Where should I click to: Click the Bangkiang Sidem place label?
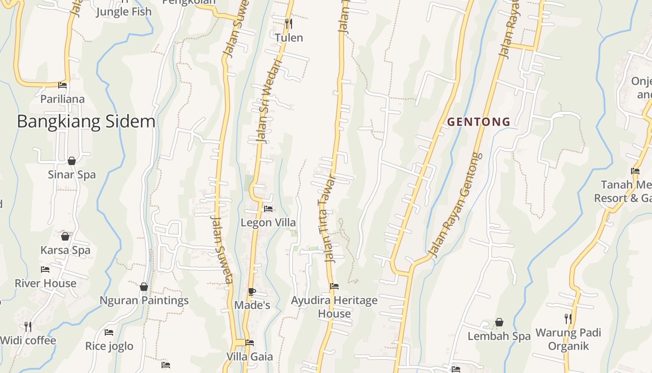coord(86,121)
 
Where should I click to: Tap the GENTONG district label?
coord(479,122)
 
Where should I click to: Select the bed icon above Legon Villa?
coord(268,209)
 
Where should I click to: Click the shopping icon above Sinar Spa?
coord(72,161)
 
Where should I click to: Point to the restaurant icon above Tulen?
coord(289,23)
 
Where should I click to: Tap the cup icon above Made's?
coord(251,292)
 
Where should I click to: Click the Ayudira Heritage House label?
coord(334,307)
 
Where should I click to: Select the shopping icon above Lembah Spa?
coord(499,322)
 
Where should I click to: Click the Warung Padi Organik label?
coord(568,339)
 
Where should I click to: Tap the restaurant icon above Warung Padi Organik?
coord(568,319)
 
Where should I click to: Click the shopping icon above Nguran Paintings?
coord(144,286)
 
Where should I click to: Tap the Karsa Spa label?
coord(65,250)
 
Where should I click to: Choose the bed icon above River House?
coord(45,269)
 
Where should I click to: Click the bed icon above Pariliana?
coord(62,85)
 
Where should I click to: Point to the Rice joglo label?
coord(109,346)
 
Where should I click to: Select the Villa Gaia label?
coord(250,357)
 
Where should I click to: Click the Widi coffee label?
coord(28,340)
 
